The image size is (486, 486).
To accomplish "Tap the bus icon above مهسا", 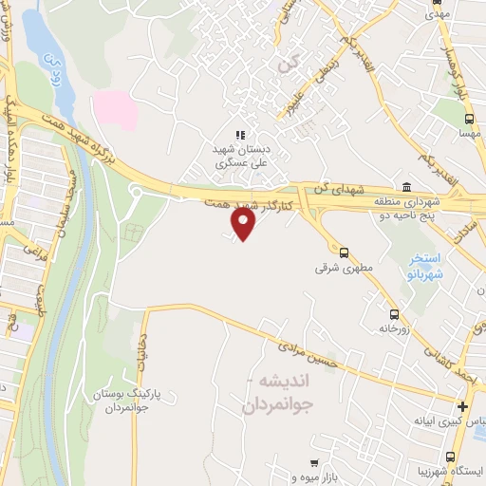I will [468, 120].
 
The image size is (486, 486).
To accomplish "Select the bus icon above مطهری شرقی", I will [344, 252].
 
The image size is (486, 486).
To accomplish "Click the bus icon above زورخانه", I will [393, 314].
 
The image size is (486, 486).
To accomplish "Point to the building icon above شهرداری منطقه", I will [406, 185].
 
